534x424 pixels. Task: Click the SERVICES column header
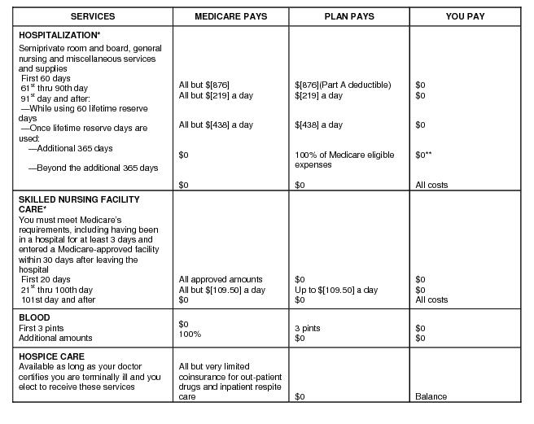pos(93,16)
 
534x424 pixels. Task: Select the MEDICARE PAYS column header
pos(231,16)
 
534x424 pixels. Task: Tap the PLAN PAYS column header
pos(348,16)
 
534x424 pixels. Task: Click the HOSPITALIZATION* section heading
pos(59,35)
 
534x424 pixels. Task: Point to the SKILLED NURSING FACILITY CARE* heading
pos(79,204)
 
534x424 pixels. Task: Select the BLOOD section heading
pos(34,317)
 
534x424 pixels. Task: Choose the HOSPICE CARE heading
pos(50,356)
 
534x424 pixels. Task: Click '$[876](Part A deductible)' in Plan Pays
pos(343,85)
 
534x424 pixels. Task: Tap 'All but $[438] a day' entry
pos(216,125)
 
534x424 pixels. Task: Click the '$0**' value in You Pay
pos(424,155)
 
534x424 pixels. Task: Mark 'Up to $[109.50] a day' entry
pos(336,290)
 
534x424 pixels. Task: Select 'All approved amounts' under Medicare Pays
pos(221,279)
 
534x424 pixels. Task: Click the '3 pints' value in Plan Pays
pos(308,328)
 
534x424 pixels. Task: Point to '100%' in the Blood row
pos(190,334)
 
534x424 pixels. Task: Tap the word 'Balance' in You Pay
pos(431,396)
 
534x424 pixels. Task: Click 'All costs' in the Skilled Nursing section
pos(431,299)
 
